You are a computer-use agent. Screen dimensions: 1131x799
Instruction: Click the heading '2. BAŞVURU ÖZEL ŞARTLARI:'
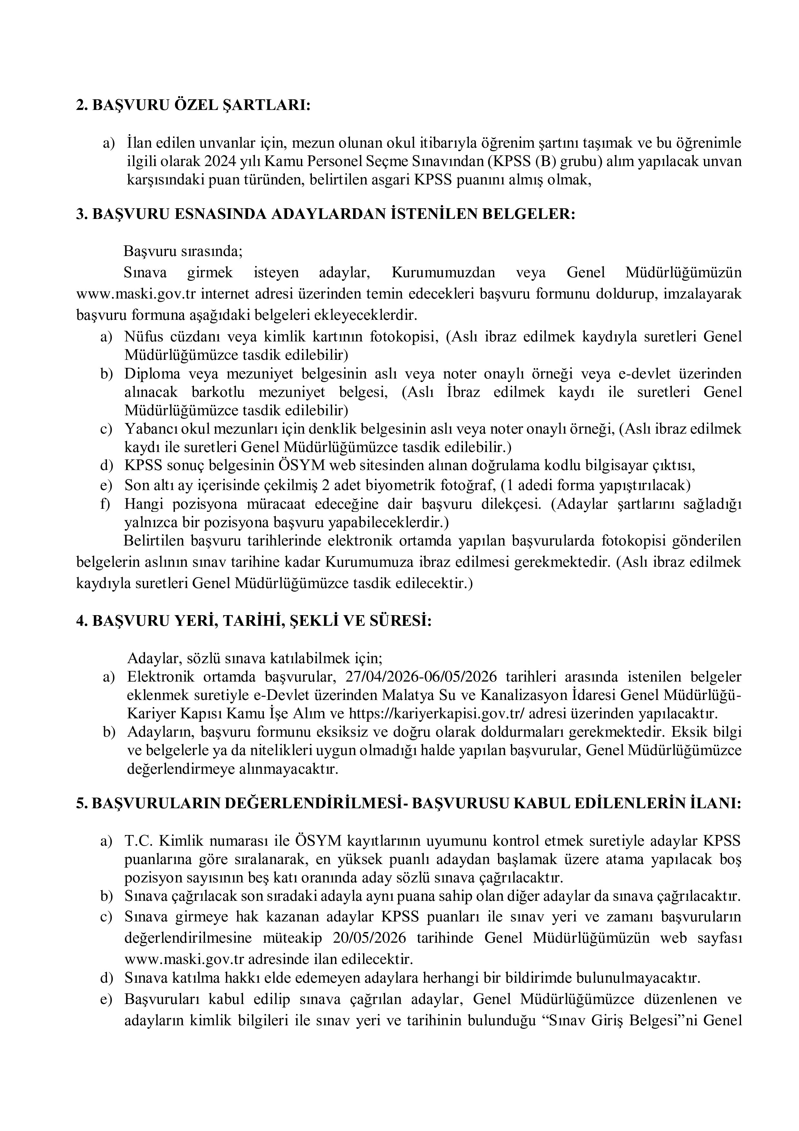pos(193,105)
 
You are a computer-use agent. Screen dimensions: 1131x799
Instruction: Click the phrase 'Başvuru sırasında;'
pos(183,251)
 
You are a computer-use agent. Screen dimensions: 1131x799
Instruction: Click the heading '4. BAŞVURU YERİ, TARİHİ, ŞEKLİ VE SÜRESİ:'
pos(254,621)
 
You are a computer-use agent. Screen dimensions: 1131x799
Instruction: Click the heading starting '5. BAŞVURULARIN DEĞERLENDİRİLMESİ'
pos(408,804)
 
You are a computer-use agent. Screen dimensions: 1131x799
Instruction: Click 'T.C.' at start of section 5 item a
pos(137,842)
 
